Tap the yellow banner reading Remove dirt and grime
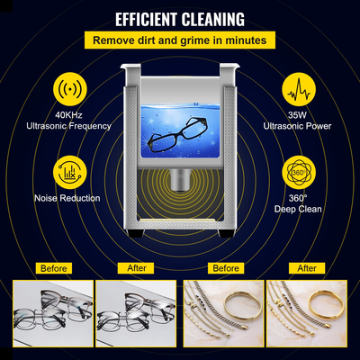coord(180,40)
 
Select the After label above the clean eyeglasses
coord(136,268)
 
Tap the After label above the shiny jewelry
coord(307,268)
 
